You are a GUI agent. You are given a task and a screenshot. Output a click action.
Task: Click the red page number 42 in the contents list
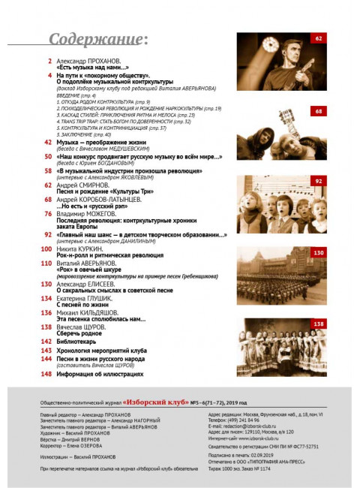46,141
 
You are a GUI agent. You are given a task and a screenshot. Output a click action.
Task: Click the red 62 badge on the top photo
318,38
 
